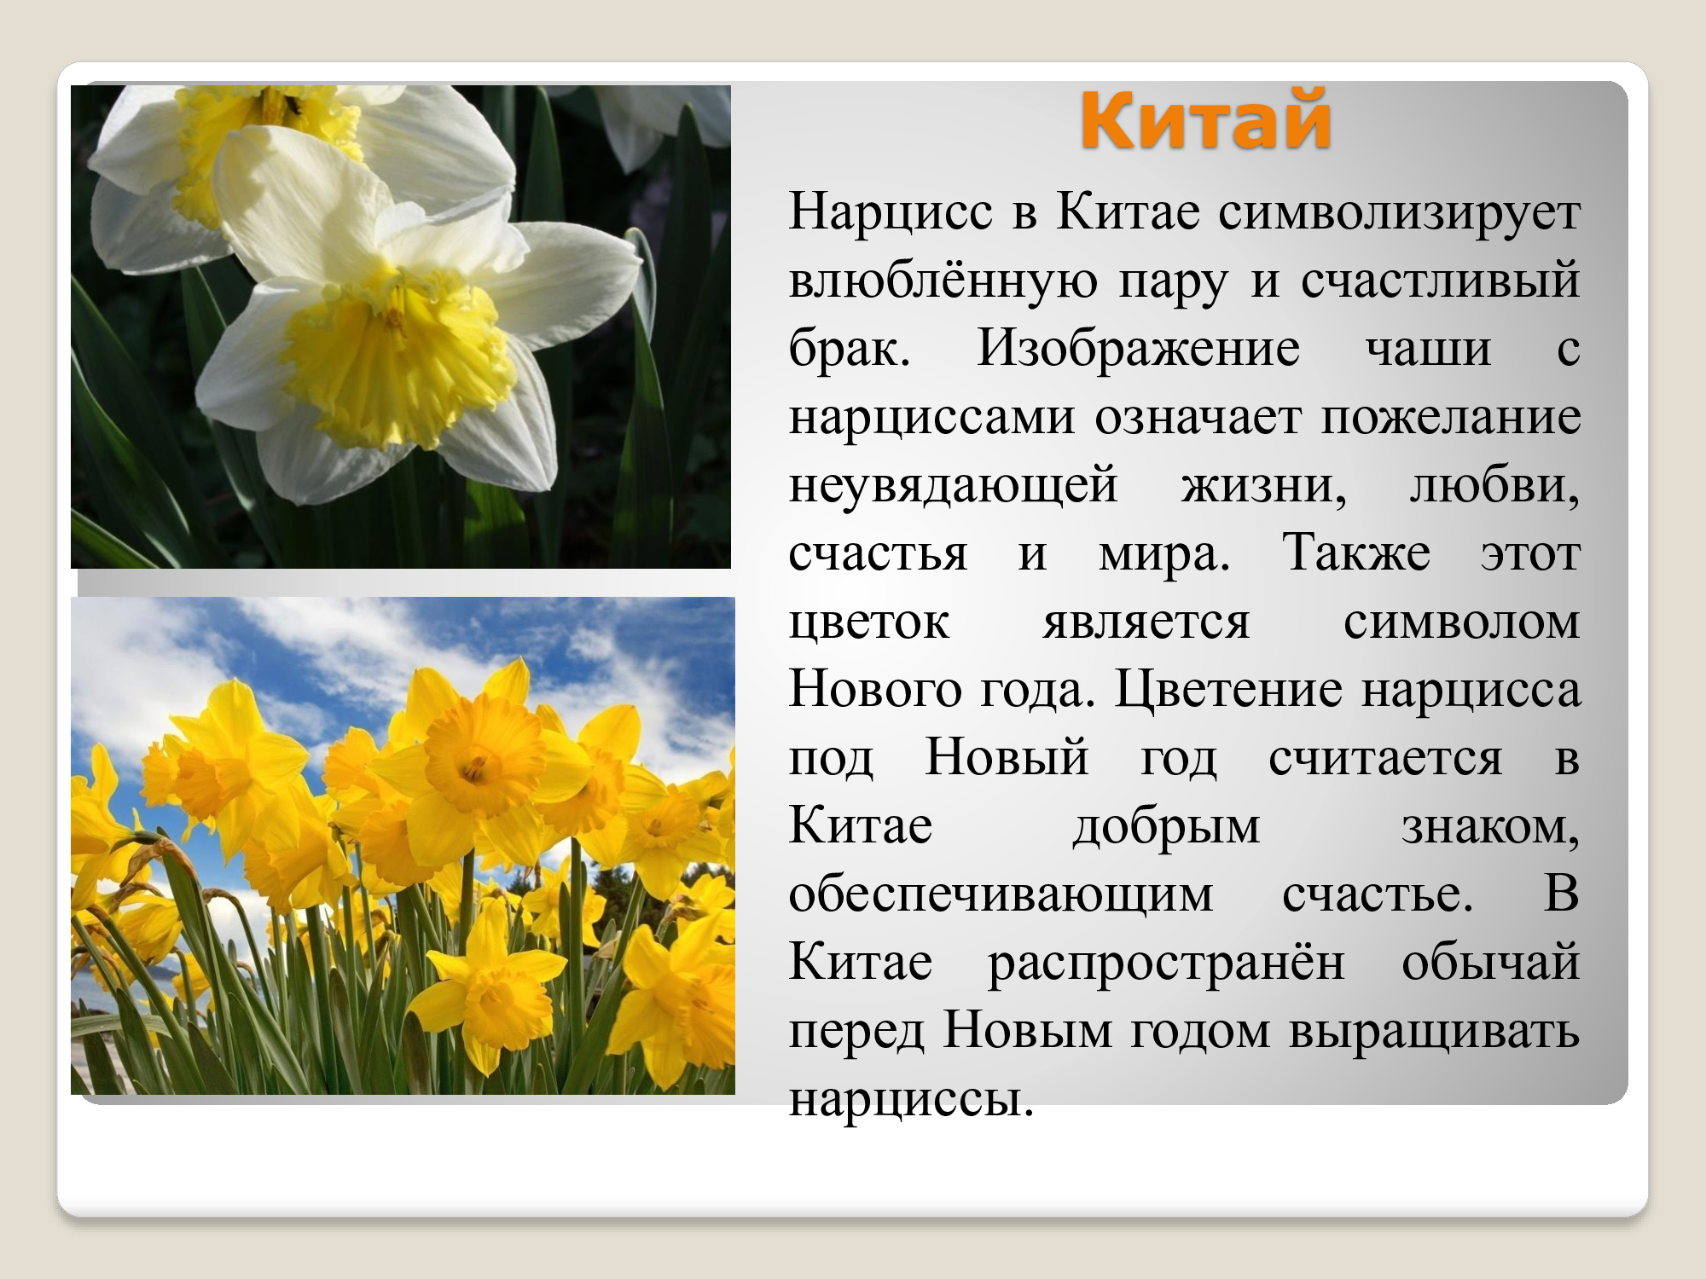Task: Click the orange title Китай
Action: click(1205, 119)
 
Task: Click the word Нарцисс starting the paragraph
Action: click(891, 212)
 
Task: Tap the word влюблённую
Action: click(943, 281)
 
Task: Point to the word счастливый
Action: click(1440, 281)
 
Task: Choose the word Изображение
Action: click(1138, 350)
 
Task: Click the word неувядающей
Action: click(953, 486)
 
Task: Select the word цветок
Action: click(868, 622)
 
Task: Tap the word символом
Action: click(1461, 622)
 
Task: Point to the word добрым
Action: click(1166, 826)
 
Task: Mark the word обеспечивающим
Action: click(1001, 895)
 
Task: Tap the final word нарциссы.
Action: click(911, 1100)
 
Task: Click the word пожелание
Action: click(1451, 418)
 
